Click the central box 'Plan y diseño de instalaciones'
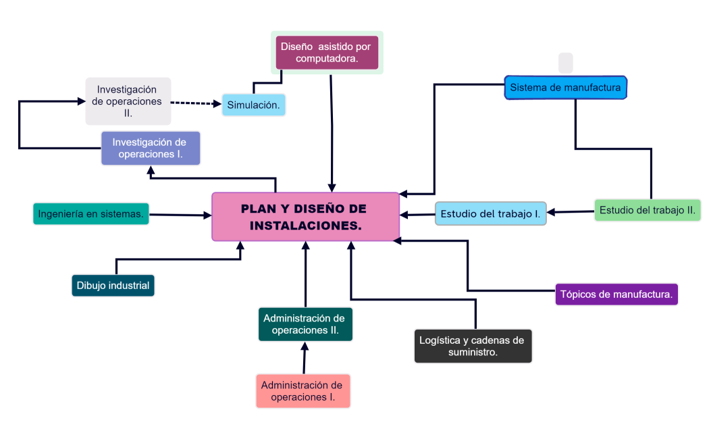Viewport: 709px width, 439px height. click(x=306, y=216)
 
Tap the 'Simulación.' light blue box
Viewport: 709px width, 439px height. click(x=253, y=105)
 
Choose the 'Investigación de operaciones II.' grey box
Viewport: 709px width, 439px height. click(x=128, y=101)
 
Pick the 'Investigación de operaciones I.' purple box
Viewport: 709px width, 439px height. click(x=151, y=148)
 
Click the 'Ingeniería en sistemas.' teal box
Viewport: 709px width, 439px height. click(x=91, y=213)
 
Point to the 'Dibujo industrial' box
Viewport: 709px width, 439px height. click(x=113, y=285)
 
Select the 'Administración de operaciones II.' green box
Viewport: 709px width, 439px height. click(x=305, y=324)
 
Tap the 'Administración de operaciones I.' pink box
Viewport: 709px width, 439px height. click(x=303, y=391)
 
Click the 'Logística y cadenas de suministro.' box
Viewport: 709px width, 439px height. click(x=473, y=346)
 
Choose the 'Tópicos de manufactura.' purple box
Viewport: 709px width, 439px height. click(x=616, y=294)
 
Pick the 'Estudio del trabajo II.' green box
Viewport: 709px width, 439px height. click(x=647, y=210)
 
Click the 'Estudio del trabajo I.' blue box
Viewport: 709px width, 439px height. click(x=490, y=213)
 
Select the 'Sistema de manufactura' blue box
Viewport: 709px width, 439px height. click(x=565, y=88)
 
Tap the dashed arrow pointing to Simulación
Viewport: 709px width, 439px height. click(x=196, y=103)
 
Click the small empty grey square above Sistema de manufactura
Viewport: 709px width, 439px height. click(x=566, y=63)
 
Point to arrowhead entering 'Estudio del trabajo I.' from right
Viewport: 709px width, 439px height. click(x=551, y=212)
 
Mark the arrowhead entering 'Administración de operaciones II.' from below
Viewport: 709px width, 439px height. click(x=305, y=346)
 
